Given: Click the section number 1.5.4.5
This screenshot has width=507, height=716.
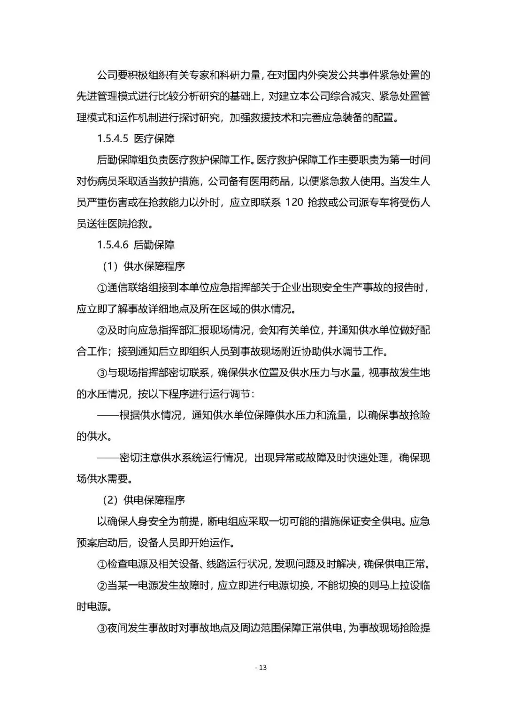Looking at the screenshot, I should point(113,139).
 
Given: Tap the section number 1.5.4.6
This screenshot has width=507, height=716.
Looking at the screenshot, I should point(113,245).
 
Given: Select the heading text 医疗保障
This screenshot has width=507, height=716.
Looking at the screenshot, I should point(154,139).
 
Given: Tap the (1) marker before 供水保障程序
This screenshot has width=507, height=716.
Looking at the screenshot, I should point(110,266).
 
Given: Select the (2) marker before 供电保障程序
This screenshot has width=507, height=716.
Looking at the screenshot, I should point(110,500).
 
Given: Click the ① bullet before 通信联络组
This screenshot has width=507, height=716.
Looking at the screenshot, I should point(102,288).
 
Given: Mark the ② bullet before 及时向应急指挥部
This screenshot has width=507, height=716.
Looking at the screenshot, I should point(102,330).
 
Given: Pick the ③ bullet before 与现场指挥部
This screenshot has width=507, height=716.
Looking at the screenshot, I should point(102,373).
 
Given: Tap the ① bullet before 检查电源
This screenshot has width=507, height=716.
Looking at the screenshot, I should point(102,564).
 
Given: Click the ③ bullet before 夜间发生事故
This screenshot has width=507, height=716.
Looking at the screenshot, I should point(102,628).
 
